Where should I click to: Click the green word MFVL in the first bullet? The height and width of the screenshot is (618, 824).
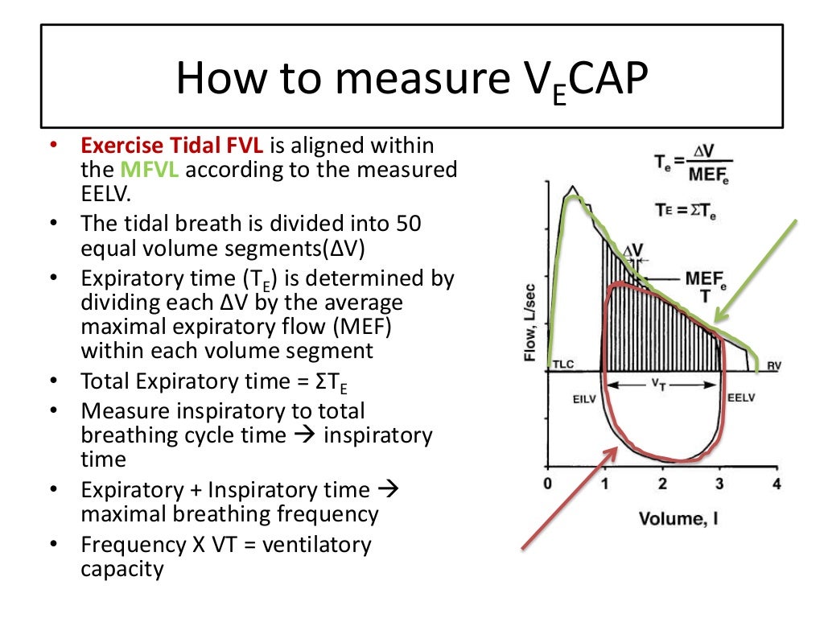point(144,171)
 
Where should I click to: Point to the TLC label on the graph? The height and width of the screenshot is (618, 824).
point(563,365)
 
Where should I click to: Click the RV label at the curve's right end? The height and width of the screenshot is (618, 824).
point(774,365)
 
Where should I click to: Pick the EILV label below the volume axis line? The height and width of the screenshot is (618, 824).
point(583,397)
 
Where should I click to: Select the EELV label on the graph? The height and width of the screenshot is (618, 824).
point(741,397)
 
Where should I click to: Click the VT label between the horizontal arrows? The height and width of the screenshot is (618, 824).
point(660,385)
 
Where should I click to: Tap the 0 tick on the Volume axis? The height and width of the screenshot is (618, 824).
point(547,484)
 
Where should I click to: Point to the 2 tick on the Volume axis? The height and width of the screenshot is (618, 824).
point(661,484)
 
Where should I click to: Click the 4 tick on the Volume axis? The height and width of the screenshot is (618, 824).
point(776,484)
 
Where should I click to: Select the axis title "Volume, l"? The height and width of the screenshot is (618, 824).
point(678,517)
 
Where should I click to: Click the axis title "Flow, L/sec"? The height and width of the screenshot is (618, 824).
point(531,317)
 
